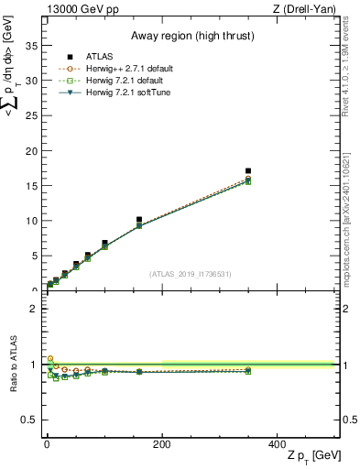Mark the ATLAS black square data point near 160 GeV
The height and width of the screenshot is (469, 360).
pyautogui.click(x=138, y=220)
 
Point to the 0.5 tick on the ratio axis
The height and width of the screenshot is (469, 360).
pyautogui.click(x=31, y=420)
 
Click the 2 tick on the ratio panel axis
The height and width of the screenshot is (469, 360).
pyautogui.click(x=34, y=309)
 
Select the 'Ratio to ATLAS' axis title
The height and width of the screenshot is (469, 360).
pyautogui.click(x=13, y=365)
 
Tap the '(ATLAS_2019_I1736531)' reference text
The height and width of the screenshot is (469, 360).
pyautogui.click(x=191, y=274)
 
